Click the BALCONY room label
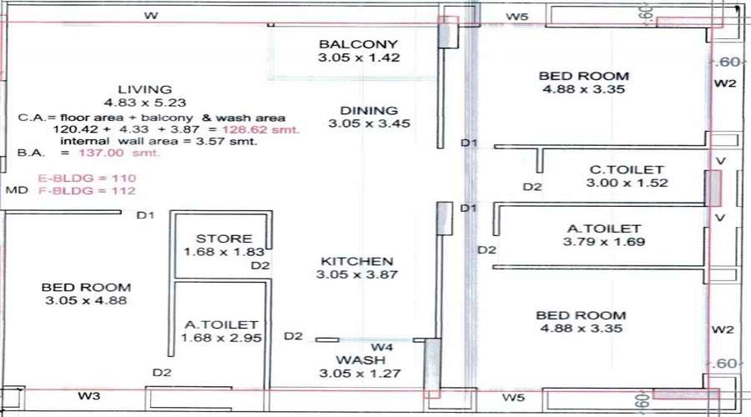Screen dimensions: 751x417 coord(358,44)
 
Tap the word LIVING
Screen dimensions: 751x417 coord(145,89)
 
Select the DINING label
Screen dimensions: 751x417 coord(369,111)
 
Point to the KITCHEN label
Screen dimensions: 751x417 coord(357,261)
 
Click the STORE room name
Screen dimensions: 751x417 coord(224,239)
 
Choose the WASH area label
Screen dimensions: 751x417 coord(360,360)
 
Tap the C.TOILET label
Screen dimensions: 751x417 coord(627,169)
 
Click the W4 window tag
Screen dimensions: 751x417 coord(381,347)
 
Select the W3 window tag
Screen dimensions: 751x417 coord(89,396)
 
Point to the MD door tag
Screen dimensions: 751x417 coord(17,190)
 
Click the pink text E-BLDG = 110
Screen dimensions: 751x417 coord(87,178)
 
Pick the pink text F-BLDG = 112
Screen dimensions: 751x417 coord(87,190)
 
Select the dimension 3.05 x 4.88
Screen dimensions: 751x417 coord(86,301)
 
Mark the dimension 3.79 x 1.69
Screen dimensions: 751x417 coord(604,242)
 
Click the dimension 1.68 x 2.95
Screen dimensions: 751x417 coord(221,338)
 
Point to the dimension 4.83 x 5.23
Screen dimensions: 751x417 coord(145,103)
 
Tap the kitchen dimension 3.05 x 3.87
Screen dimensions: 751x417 coord(357,274)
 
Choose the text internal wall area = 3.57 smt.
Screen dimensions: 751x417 coord(159,141)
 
